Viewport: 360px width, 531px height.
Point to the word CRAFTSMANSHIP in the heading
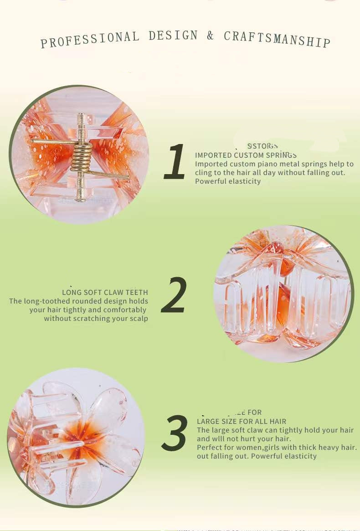coord(277,39)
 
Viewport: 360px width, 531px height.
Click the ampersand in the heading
coord(210,36)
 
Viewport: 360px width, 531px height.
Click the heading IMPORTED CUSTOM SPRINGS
coord(246,155)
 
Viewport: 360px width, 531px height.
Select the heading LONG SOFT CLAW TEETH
coord(105,293)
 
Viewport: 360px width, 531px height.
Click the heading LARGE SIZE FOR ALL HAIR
coord(242,422)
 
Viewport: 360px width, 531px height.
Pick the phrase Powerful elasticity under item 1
coord(228,181)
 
